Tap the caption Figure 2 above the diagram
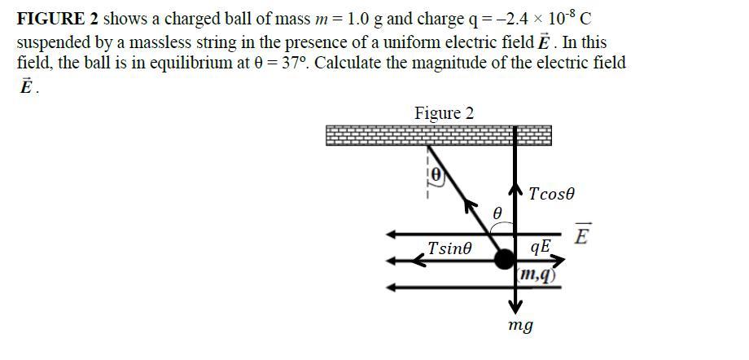pos(444,113)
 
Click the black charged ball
pos(506,259)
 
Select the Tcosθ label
pos(551,194)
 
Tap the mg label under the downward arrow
pos(520,326)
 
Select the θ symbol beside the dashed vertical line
pos(436,174)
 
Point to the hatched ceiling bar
pos(438,135)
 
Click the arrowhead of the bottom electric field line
pos(392,287)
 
